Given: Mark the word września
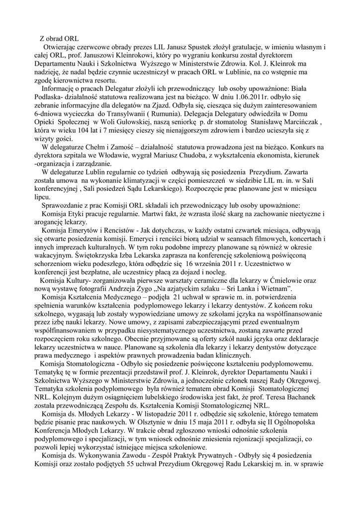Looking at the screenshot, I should pos(218,264).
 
